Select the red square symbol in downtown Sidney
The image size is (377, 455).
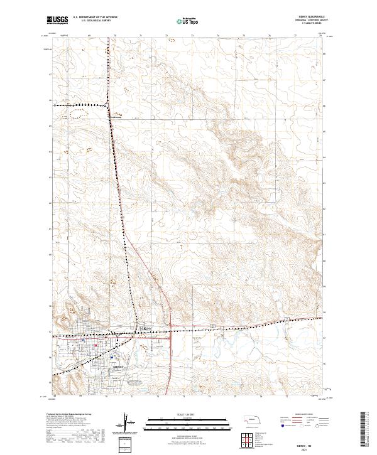(x=94, y=344)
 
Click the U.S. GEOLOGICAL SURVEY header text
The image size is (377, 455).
(x=94, y=22)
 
